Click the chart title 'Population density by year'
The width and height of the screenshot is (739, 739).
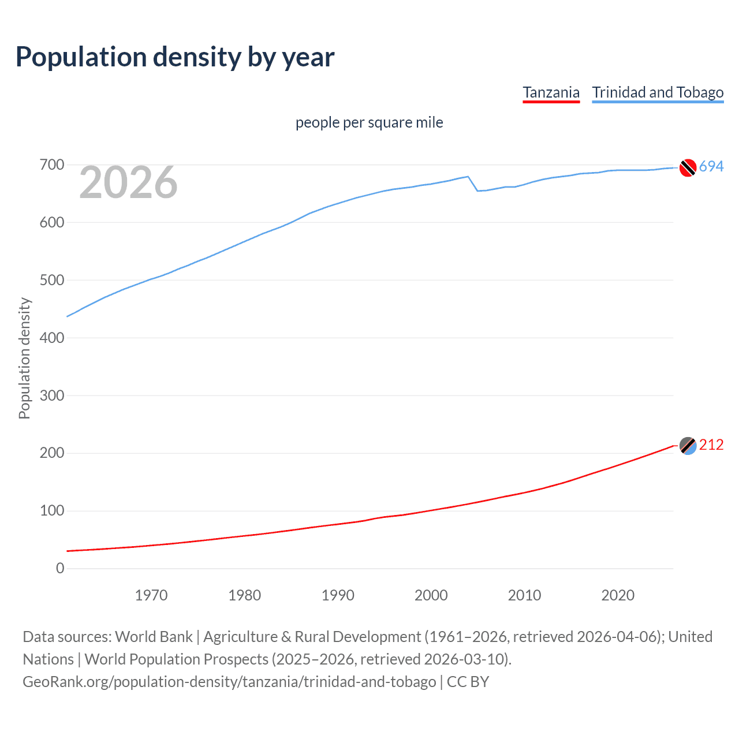pyautogui.click(x=175, y=57)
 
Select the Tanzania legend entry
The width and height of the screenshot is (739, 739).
pyautogui.click(x=551, y=92)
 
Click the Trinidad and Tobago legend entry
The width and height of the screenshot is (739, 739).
pyautogui.click(x=658, y=92)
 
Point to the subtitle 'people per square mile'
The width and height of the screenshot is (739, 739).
pyautogui.click(x=369, y=122)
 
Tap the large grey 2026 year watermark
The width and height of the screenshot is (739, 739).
pyautogui.click(x=128, y=182)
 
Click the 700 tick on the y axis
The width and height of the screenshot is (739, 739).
pyautogui.click(x=51, y=165)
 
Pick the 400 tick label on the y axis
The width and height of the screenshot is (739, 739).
pyautogui.click(x=51, y=338)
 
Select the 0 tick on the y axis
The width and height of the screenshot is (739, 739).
pyautogui.click(x=60, y=569)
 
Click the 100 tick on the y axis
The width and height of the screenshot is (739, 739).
pyautogui.click(x=51, y=511)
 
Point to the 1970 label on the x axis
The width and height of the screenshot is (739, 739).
pyautogui.click(x=151, y=595)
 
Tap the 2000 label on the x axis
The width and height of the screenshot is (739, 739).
pyautogui.click(x=431, y=595)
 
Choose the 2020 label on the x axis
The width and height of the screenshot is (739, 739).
pyautogui.click(x=618, y=595)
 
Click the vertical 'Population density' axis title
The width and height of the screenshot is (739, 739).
pyautogui.click(x=24, y=358)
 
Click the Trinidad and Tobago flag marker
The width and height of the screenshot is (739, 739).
pyautogui.click(x=688, y=167)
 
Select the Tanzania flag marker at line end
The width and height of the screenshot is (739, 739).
pyautogui.click(x=688, y=446)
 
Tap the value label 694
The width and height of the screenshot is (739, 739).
pyautogui.click(x=711, y=167)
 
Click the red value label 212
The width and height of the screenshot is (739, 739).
pyautogui.click(x=711, y=445)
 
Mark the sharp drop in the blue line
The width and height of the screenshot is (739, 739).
pyautogui.click(x=473, y=184)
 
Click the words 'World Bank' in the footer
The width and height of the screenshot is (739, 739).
pyautogui.click(x=154, y=637)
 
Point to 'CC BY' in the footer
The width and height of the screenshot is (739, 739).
pyautogui.click(x=468, y=682)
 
